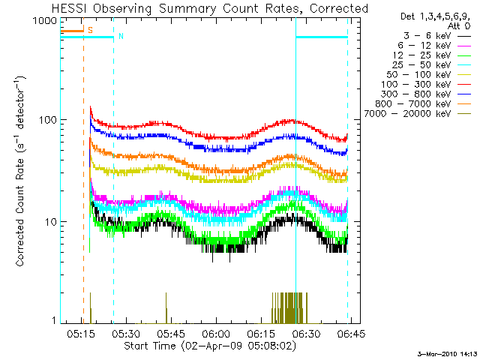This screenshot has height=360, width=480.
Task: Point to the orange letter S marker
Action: [x=90, y=30]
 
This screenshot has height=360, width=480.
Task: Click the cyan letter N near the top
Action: [x=120, y=36]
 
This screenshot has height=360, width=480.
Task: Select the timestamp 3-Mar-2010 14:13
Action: [x=446, y=353]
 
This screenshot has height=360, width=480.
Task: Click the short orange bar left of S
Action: [x=72, y=31]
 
